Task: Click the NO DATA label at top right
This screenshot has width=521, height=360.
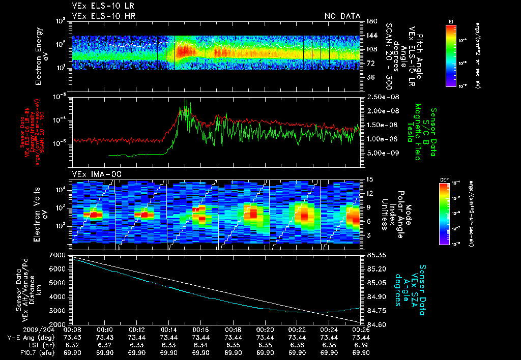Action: tap(342, 16)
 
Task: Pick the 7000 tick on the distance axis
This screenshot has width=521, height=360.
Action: tap(59, 254)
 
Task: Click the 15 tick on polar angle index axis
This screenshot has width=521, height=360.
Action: tap(369, 179)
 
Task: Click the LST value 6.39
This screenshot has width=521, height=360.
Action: tap(361, 344)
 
